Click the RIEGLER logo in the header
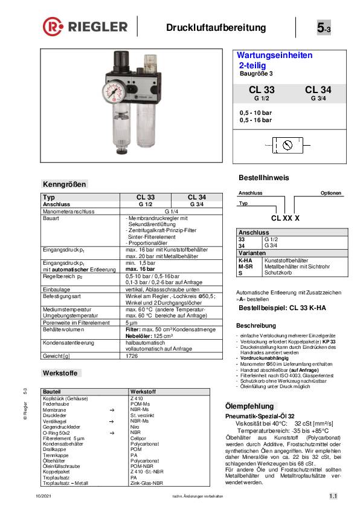pyautogui.click(x=85, y=27)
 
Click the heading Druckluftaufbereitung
pyautogui.click(x=216, y=28)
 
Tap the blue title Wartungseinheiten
pyautogui.click(x=274, y=55)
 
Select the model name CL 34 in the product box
pyautogui.click(x=318, y=90)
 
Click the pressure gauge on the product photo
pyautogui.click(x=117, y=94)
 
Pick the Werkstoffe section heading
pyautogui.click(x=63, y=372)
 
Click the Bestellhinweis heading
pyautogui.click(x=265, y=178)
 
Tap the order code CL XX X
pyautogui.click(x=286, y=217)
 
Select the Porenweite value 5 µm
pyautogui.click(x=132, y=323)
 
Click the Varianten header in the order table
pyautogui.click(x=252, y=253)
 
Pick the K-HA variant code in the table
pyautogui.click(x=246, y=260)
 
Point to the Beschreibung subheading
pyautogui.click(x=256, y=325)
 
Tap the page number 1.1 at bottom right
pyautogui.click(x=333, y=496)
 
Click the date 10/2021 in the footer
pyautogui.click(x=43, y=496)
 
